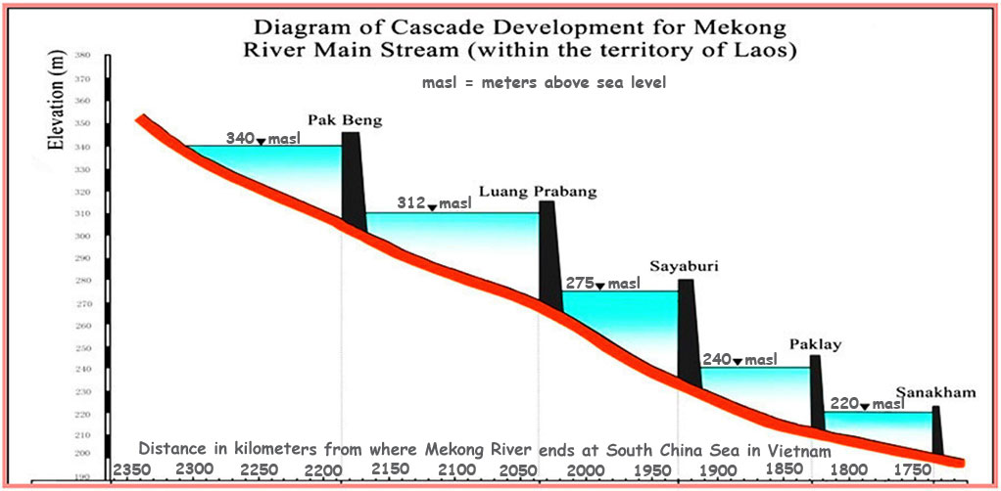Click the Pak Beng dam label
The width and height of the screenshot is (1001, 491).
[x=345, y=120]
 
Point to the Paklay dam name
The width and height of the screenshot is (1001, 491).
[x=815, y=344]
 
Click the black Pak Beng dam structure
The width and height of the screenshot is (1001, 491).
[x=353, y=181]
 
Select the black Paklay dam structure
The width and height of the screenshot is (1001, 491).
[x=816, y=389]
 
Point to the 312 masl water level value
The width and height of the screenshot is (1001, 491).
[x=411, y=202]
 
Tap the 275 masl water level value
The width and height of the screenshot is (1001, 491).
[x=580, y=284]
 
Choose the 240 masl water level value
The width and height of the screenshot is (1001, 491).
[x=718, y=360]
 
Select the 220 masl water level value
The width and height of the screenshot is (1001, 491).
[x=843, y=403]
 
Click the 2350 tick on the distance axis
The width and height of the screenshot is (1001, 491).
[x=130, y=469]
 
